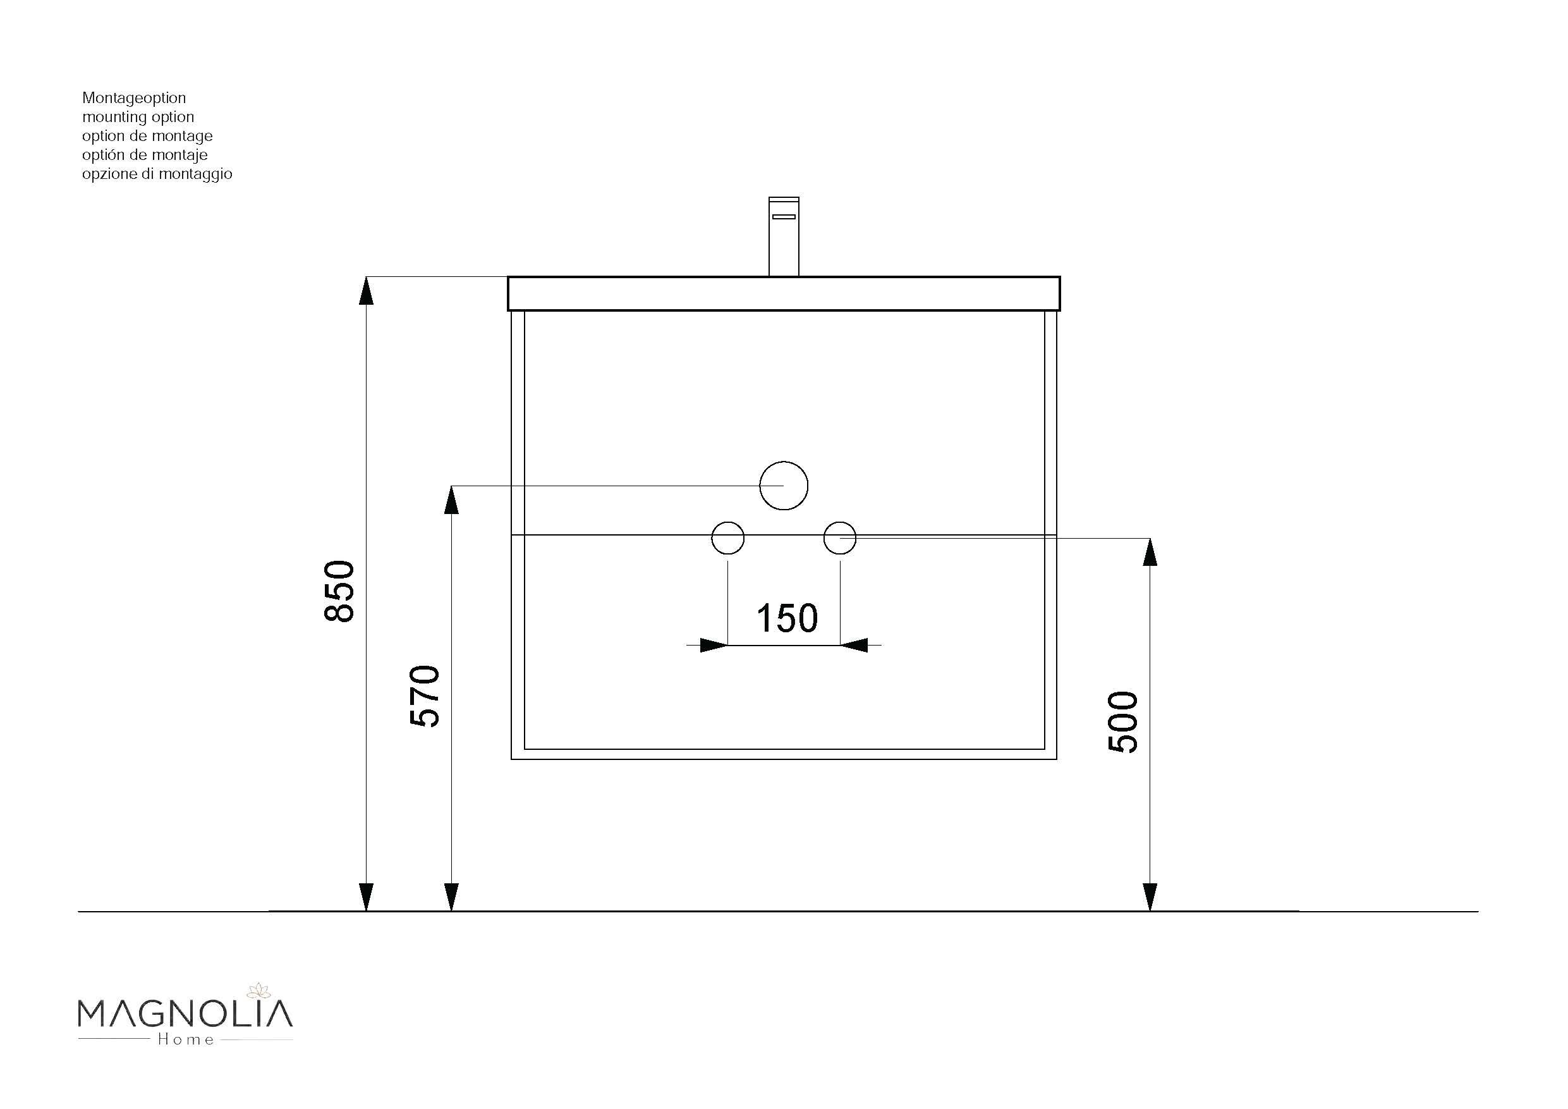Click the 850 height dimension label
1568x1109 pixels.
click(x=339, y=591)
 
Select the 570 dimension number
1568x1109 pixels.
click(x=425, y=695)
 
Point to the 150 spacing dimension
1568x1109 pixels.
click(x=787, y=618)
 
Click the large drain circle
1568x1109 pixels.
click(x=783, y=485)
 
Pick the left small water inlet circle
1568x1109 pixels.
click(x=727, y=539)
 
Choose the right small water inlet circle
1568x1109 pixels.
click(x=839, y=539)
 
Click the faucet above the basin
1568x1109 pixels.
click(x=783, y=236)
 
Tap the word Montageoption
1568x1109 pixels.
click(x=134, y=98)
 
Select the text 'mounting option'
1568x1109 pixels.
click(x=138, y=117)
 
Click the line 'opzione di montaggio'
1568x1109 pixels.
click(x=157, y=175)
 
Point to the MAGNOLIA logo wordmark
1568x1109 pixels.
click(x=185, y=1014)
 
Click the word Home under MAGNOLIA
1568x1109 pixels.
click(x=186, y=1039)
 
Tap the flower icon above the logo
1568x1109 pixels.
click(x=259, y=990)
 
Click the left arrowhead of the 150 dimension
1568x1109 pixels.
click(x=713, y=645)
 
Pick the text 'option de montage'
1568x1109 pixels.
click(x=147, y=136)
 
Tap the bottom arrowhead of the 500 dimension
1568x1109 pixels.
click(x=1150, y=897)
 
